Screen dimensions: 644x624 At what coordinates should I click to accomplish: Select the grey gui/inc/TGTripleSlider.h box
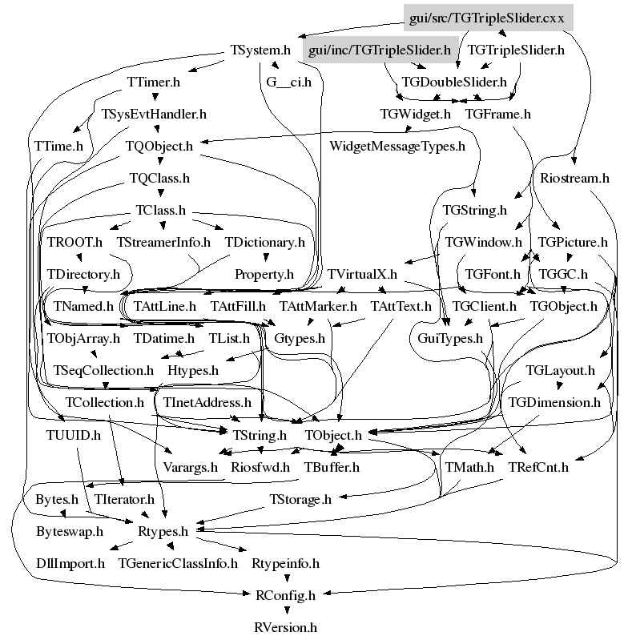pyautogui.click(x=380, y=50)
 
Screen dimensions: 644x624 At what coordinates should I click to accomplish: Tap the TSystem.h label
pyautogui.click(x=254, y=50)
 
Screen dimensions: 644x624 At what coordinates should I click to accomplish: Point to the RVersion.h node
pyautogui.click(x=286, y=627)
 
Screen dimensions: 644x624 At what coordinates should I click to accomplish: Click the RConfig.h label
pyautogui.click(x=285, y=595)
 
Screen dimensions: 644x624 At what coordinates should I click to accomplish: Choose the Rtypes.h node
pyautogui.click(x=163, y=531)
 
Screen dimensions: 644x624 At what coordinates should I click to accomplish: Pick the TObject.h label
pyautogui.click(x=334, y=435)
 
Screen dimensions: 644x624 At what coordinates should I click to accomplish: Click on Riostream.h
pyautogui.click(x=574, y=178)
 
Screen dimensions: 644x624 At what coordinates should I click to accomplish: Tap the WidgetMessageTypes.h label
pyautogui.click(x=397, y=146)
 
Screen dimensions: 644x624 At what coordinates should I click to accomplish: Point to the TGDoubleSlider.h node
pyautogui.click(x=454, y=82)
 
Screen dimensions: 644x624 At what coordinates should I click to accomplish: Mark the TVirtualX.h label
pyautogui.click(x=362, y=274)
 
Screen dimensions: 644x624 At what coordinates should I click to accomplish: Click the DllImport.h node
pyautogui.click(x=70, y=563)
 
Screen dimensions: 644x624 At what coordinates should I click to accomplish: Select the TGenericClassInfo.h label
pyautogui.click(x=178, y=563)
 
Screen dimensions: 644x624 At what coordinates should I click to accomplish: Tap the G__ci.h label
pyautogui.click(x=289, y=82)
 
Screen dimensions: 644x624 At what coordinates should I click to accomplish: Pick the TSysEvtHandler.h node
pyautogui.click(x=154, y=114)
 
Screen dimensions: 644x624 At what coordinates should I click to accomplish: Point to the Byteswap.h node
pyautogui.click(x=70, y=531)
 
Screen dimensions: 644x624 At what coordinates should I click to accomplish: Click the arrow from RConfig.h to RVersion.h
pyautogui.click(x=285, y=611)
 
